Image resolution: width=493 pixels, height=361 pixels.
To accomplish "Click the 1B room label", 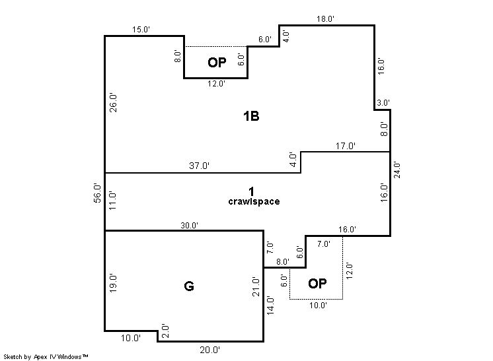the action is coord(251,116).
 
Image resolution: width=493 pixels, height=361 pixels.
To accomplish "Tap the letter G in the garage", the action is coord(188,286).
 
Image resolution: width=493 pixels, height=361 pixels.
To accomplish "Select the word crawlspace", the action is coord(254,201).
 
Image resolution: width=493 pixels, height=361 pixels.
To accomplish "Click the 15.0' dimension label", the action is coord(141,30).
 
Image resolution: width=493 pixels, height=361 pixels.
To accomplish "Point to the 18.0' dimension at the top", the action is coord(325,19).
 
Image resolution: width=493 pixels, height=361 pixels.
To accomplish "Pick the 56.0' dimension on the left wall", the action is coord(98,193).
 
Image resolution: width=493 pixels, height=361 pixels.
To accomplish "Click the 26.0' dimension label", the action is coord(113,103).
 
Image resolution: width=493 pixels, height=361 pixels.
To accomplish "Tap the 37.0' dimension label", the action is coord(200,166).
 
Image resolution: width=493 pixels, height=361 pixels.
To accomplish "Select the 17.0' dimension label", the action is coord(345,146).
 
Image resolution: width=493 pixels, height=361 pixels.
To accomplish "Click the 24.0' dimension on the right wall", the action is coord(397,170).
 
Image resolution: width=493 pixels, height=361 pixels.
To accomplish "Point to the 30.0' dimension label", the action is coord(189,226).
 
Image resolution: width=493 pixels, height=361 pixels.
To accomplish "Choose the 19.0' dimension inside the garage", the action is coord(113,284).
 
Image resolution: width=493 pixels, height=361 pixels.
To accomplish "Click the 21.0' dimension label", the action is coord(256,287).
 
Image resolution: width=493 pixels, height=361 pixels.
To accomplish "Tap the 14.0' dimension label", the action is coord(270,306).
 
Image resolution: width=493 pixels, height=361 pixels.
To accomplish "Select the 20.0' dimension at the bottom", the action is coord(210,350).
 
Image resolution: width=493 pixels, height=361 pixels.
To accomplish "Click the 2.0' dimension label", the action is coord(165,331).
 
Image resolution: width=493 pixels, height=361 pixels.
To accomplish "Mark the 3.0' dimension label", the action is coord(383,103).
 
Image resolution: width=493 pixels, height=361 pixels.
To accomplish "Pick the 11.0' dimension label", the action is coord(112,201).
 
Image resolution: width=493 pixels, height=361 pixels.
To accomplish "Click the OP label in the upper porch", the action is coord(217,63).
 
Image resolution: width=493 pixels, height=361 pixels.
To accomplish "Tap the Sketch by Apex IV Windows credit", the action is coord(46,356).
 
